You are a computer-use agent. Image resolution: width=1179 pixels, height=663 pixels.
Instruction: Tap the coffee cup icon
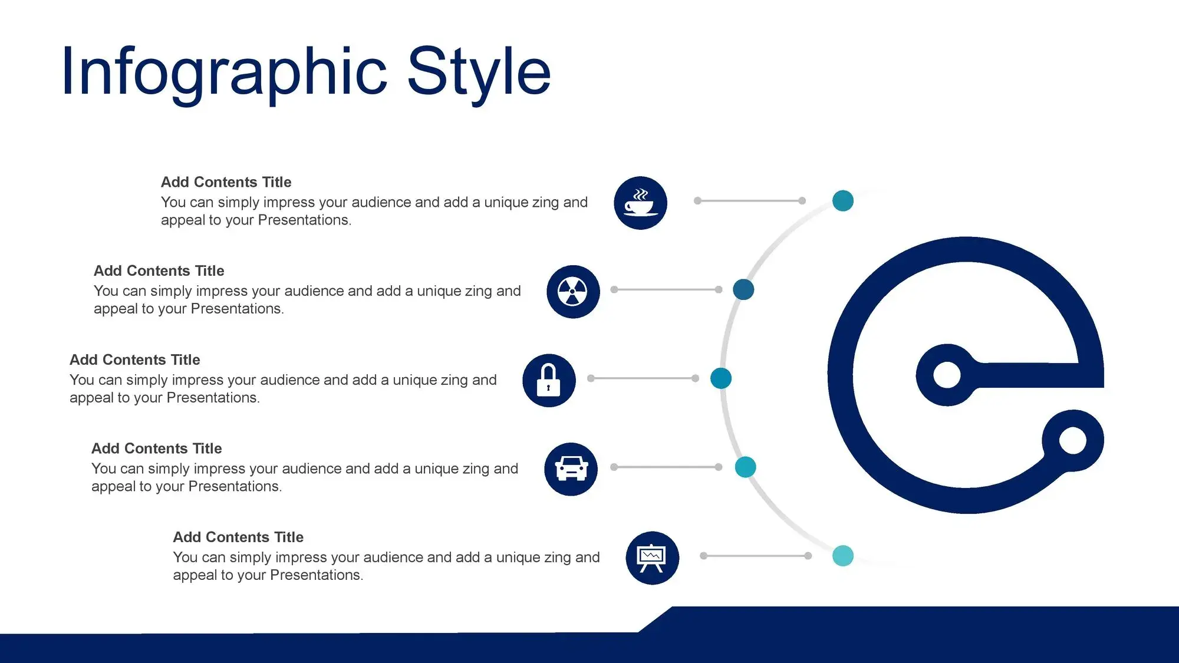[x=640, y=203]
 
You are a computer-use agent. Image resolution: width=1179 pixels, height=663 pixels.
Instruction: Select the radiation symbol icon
[x=573, y=292]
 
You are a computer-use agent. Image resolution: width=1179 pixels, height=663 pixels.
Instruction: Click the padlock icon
[x=549, y=381]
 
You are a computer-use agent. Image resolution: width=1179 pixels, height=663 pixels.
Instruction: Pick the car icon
[x=571, y=469]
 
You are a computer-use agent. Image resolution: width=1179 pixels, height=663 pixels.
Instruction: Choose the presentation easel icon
[x=652, y=558]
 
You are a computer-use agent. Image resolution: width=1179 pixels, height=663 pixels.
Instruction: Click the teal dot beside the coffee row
[x=843, y=201]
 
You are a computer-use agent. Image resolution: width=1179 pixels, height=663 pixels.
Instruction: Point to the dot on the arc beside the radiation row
[x=743, y=289]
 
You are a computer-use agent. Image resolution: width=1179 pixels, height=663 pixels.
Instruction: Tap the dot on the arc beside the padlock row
[x=721, y=378]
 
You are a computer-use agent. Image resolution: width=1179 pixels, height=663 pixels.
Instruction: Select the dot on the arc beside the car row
[x=746, y=467]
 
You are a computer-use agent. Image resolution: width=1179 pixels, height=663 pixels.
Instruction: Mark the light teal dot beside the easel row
[x=843, y=556]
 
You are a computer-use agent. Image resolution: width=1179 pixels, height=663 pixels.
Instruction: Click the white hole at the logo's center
[x=947, y=375]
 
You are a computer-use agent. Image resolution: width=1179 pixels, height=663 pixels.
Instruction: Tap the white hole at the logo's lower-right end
[x=1073, y=440]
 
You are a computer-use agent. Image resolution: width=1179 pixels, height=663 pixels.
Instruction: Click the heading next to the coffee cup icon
[x=226, y=182]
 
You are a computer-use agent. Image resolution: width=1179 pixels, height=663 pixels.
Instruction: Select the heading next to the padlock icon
[x=135, y=359]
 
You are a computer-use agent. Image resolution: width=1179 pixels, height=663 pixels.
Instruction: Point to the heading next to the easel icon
[x=238, y=537]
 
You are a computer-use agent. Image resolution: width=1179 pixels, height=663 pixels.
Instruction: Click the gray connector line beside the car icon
[x=666, y=467]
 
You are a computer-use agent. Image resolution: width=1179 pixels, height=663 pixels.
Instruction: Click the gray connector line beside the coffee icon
[x=750, y=201]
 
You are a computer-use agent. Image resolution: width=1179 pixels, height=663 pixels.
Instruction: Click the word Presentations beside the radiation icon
[x=238, y=309]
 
